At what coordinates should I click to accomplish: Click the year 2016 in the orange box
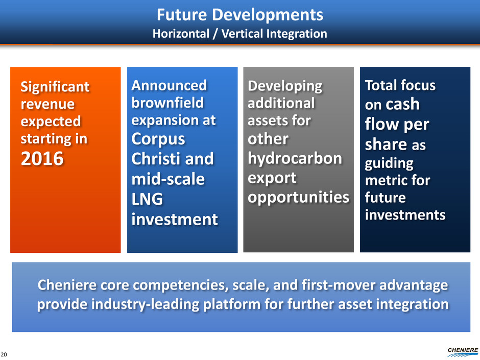(42, 159)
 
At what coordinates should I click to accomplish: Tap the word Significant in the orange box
(55, 87)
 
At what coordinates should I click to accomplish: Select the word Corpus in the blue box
(158, 139)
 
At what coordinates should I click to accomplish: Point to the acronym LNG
(147, 199)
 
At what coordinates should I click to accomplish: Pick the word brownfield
(167, 103)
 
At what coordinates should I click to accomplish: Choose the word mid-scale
(168, 179)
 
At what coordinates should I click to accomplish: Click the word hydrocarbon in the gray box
(295, 159)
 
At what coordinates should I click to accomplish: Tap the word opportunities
(299, 198)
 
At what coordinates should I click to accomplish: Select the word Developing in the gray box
(285, 86)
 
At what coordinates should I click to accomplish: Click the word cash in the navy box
(402, 104)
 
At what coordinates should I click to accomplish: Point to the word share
(386, 144)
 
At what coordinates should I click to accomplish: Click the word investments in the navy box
(405, 214)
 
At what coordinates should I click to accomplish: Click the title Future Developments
(240, 15)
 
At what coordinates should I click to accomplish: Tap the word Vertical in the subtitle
(242, 34)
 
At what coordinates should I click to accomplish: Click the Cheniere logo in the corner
(463, 352)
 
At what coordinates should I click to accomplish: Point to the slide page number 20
(4, 354)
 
